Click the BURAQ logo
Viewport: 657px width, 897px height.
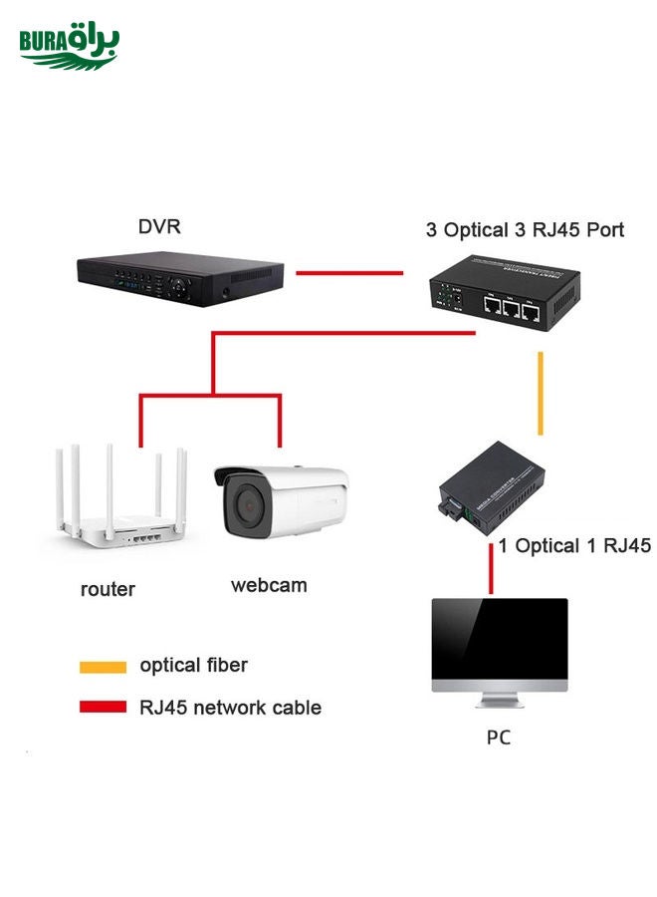(x=69, y=46)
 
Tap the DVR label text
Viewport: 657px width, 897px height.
(x=159, y=227)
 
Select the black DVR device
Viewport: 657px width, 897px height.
(x=180, y=277)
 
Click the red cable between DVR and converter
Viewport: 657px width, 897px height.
(x=348, y=271)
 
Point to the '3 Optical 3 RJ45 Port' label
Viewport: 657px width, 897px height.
(x=525, y=230)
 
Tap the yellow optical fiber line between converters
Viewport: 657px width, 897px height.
(x=541, y=393)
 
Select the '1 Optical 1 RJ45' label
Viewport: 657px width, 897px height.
(x=574, y=545)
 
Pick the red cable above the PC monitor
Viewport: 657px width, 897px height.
(x=491, y=570)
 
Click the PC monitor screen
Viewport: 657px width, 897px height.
(x=499, y=638)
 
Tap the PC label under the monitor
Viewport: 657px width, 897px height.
(x=499, y=739)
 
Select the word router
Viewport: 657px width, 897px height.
(x=108, y=589)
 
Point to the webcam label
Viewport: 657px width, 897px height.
(x=269, y=585)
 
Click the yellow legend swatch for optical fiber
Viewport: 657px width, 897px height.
(x=103, y=667)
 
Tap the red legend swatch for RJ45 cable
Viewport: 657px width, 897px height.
(x=103, y=708)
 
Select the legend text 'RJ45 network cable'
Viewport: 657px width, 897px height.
(x=230, y=708)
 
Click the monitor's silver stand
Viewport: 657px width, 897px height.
(x=499, y=701)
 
